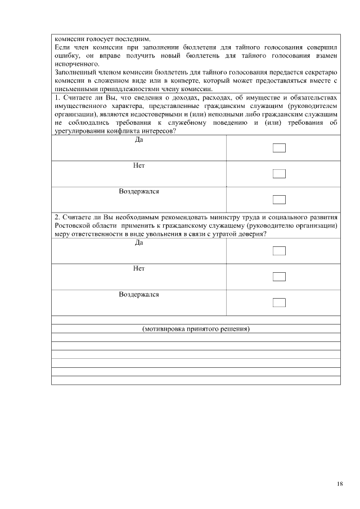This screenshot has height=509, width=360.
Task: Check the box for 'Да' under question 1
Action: [279, 148]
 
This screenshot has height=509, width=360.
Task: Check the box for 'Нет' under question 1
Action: [279, 174]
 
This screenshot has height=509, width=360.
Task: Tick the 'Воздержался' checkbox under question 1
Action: [279, 199]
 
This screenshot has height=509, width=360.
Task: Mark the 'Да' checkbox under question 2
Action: [279, 251]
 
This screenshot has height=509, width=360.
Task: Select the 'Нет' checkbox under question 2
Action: [279, 277]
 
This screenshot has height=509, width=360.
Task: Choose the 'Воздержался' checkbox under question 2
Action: [279, 303]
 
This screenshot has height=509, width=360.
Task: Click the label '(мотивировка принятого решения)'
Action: [196, 328]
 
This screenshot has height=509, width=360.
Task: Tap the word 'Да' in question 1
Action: [139, 139]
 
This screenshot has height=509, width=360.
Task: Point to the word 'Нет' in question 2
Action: [139, 268]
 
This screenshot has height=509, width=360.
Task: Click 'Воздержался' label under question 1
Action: [139, 191]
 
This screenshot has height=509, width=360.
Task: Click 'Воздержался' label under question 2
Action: [139, 294]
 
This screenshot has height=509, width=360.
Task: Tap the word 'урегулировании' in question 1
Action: [80, 131]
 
